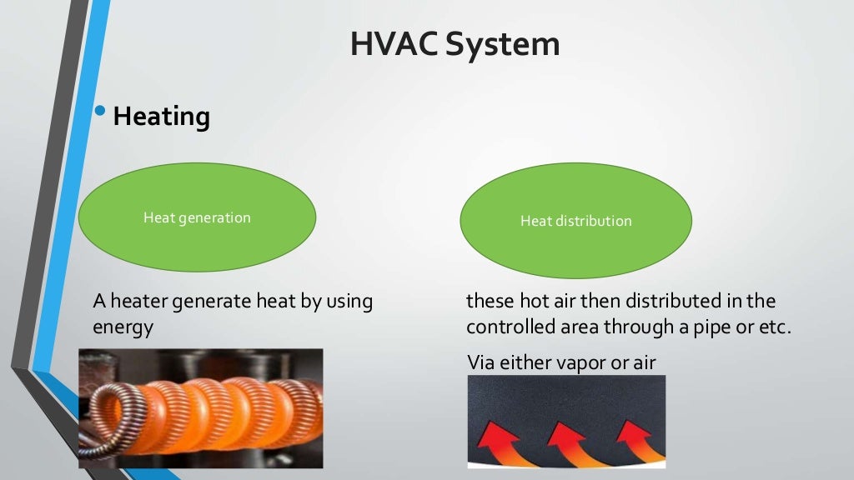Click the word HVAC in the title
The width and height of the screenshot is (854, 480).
(394, 44)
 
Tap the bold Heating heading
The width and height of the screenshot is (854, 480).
(161, 117)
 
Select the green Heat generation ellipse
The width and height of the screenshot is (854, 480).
(197, 217)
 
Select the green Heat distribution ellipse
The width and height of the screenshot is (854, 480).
(575, 221)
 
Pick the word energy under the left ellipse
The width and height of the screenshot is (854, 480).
(123, 327)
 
